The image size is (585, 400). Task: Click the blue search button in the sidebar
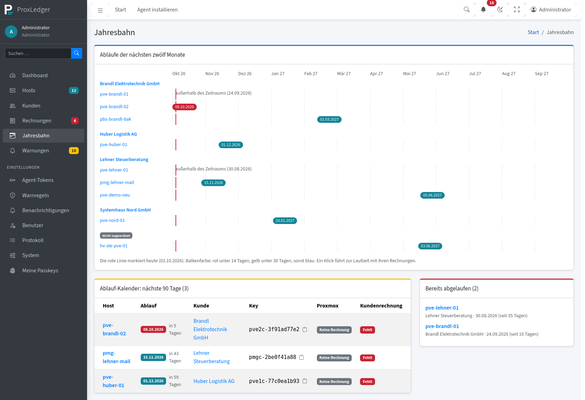[77, 53]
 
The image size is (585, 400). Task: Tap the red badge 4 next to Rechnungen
[75, 121]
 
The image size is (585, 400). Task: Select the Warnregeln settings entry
[36, 195]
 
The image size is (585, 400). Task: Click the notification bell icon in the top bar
[483, 10]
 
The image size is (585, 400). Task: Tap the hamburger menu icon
[100, 10]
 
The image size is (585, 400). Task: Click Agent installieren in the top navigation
[157, 10]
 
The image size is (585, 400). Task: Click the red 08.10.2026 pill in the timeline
[185, 107]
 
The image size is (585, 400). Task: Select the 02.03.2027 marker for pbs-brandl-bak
[329, 120]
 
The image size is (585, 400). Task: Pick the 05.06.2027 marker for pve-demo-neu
[432, 195]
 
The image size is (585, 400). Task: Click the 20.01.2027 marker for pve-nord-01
[285, 221]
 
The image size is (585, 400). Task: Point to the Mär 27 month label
[344, 74]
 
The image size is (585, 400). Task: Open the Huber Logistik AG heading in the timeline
[118, 134]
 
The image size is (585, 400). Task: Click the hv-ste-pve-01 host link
[114, 246]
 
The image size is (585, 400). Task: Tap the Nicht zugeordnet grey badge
[116, 235]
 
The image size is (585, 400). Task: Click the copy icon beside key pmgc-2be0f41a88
[302, 357]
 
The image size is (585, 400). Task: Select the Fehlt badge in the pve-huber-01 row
[367, 382]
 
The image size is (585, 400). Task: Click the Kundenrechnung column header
[381, 305]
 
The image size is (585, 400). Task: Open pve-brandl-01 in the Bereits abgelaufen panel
[442, 326]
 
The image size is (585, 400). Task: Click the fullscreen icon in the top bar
[517, 10]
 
